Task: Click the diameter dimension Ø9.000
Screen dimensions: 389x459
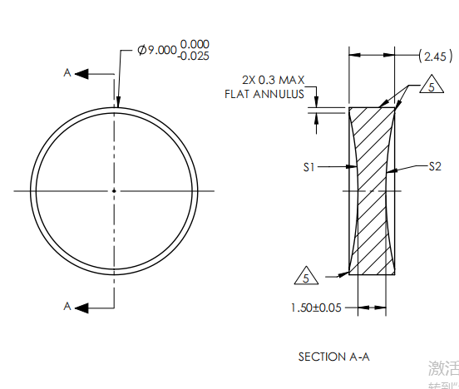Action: [x=157, y=51]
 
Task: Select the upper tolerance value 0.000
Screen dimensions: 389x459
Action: [x=195, y=44]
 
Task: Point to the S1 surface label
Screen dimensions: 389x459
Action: [x=308, y=167]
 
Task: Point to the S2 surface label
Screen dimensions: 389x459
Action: [x=434, y=167]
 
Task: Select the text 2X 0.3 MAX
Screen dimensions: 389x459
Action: [x=274, y=80]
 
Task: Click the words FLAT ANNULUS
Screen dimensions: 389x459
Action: [x=265, y=94]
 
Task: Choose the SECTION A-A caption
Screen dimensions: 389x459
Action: [x=333, y=357]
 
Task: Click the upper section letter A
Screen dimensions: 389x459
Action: [x=67, y=73]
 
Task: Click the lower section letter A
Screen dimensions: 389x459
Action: [x=67, y=306]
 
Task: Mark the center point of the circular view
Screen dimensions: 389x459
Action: [x=114, y=190]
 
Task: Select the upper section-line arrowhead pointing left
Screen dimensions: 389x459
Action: [x=81, y=73]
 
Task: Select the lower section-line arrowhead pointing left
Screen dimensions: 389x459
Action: [x=81, y=306]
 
